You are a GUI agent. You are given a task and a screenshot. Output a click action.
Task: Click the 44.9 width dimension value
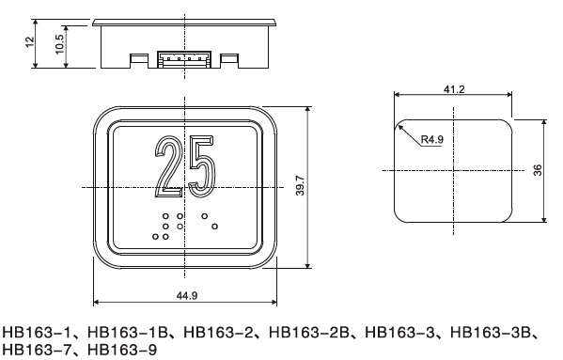187,295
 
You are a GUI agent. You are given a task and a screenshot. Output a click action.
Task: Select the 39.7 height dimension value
300,185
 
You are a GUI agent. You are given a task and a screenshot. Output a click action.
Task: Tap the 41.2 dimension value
454,89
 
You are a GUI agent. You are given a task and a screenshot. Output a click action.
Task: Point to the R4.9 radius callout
432,139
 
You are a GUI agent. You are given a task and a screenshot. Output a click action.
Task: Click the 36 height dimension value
538,170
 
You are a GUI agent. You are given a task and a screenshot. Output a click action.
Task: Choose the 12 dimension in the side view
30,41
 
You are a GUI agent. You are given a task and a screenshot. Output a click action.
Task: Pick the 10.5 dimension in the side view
59,44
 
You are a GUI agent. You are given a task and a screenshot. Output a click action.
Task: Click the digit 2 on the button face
168,166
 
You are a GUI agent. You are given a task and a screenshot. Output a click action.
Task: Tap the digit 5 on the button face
202,166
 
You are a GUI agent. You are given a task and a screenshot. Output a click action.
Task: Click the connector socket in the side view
184,59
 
